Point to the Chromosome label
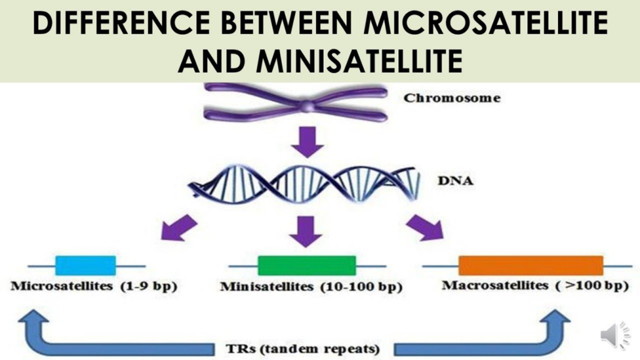(x=451, y=98)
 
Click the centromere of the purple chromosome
(x=306, y=106)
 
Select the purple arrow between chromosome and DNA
(x=307, y=142)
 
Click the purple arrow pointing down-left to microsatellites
(x=179, y=228)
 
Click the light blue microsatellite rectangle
(x=86, y=266)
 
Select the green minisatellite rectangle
(x=306, y=266)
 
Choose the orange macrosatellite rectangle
(x=531, y=266)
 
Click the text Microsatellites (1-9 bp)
(x=94, y=287)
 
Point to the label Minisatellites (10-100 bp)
(x=311, y=287)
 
